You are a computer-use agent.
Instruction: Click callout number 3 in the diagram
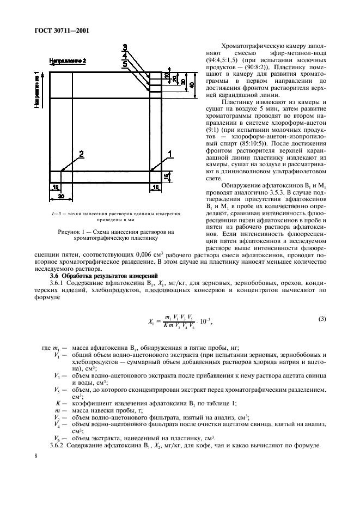click(x=125, y=47)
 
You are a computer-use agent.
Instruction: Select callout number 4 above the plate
click(x=125, y=55)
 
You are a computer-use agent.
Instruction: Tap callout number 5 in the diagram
click(x=125, y=64)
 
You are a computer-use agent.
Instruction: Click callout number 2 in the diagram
click(x=82, y=155)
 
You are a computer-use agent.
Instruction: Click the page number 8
click(x=35, y=456)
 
